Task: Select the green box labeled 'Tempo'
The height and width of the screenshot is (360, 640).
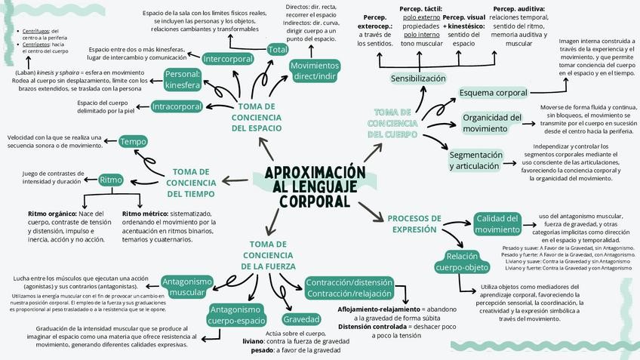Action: pyautogui.click(x=134, y=142)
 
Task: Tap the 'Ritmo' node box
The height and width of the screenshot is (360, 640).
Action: pyautogui.click(x=111, y=180)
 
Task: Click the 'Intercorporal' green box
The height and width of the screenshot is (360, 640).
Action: pyautogui.click(x=228, y=58)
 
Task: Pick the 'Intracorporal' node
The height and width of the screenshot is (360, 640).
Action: pyautogui.click(x=177, y=106)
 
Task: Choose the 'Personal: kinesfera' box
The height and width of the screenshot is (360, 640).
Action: pyautogui.click(x=183, y=79)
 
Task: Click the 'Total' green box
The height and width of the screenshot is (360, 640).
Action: pyautogui.click(x=278, y=50)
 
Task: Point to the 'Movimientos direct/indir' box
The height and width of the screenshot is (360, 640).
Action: pyautogui.click(x=315, y=71)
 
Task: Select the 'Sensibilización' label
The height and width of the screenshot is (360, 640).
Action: pyautogui.click(x=418, y=78)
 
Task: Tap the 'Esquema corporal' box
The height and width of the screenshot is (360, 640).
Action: pyautogui.click(x=494, y=93)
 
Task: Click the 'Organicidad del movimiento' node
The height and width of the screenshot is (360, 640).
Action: pyautogui.click(x=492, y=123)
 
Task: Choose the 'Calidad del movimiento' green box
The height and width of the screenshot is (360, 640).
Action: pyautogui.click(x=497, y=224)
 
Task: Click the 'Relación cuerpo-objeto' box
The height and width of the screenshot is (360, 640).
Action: pyautogui.click(x=462, y=261)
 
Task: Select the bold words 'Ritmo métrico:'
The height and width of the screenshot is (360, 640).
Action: pyautogui.click(x=146, y=214)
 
